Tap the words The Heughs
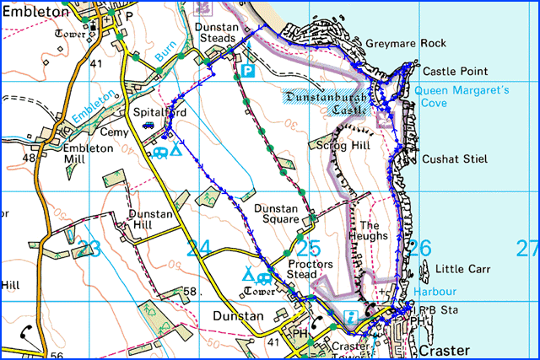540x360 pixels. (x=372, y=231)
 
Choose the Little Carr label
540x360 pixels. (x=463, y=270)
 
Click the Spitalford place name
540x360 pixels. (x=148, y=110)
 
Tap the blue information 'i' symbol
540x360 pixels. (x=350, y=317)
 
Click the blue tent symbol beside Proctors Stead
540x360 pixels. (x=248, y=275)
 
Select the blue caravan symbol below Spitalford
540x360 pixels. (x=159, y=153)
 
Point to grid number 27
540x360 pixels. (x=527, y=249)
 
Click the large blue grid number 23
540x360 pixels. (x=89, y=249)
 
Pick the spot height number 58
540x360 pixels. (x=190, y=292)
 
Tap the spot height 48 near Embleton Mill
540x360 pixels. (x=30, y=158)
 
